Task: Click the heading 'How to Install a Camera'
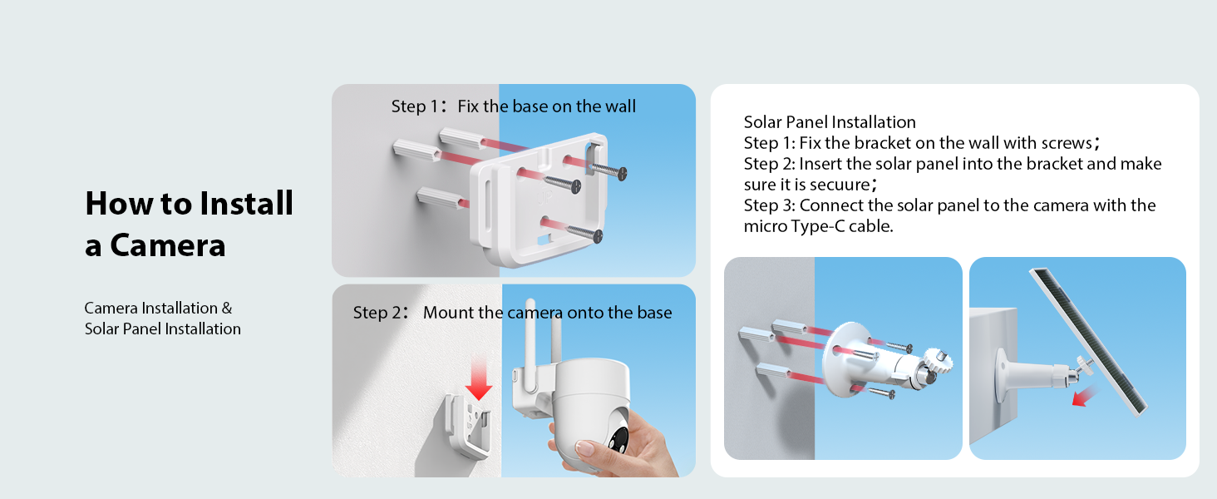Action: pos(189,225)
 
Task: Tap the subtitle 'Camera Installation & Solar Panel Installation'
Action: pos(162,319)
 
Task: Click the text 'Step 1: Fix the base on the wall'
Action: pos(513,106)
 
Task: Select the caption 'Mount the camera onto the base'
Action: pos(547,313)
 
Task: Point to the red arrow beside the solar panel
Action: pos(1083,397)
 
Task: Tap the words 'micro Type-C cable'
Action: pos(818,226)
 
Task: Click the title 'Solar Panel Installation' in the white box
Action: pos(829,123)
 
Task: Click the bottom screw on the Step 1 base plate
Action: pos(582,234)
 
